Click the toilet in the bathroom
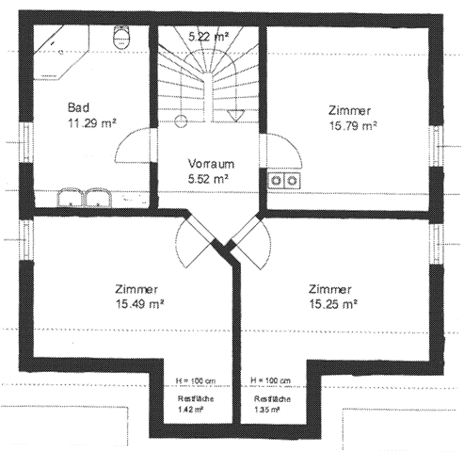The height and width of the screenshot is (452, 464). (120, 37)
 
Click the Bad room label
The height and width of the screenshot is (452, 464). (78, 107)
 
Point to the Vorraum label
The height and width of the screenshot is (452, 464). (211, 164)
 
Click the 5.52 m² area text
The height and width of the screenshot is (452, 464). (208, 179)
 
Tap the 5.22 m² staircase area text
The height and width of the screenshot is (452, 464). (208, 37)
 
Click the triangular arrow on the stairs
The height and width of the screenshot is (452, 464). (235, 115)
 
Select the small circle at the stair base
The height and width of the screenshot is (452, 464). (181, 121)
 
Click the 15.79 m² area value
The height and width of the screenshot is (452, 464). (353, 126)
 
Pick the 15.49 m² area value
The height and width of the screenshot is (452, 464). (140, 304)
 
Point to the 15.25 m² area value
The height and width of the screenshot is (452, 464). (333, 304)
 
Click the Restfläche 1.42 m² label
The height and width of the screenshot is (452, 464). (196, 404)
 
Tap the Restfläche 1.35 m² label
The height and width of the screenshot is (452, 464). (272, 404)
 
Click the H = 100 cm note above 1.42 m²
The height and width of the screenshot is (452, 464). (196, 380)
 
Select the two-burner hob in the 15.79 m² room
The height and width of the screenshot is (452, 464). (284, 181)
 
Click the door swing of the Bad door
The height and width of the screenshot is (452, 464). (136, 145)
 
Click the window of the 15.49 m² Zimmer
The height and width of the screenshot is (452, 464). (27, 240)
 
